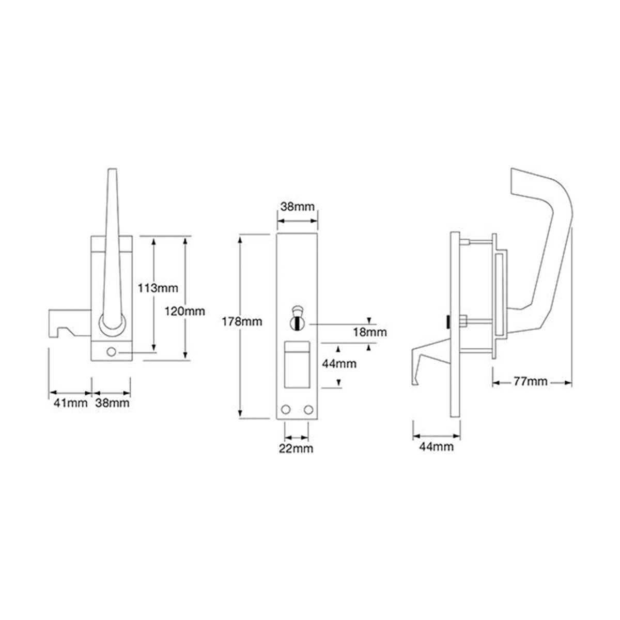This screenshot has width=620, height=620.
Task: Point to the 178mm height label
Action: click(246, 321)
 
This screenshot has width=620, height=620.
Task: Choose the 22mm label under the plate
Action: click(297, 448)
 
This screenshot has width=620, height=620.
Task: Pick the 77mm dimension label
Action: click(531, 382)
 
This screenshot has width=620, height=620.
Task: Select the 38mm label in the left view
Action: click(112, 403)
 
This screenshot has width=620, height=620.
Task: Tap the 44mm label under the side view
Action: click(437, 446)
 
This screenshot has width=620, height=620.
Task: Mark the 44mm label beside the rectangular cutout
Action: click(339, 363)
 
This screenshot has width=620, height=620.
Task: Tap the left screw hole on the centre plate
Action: click(285, 410)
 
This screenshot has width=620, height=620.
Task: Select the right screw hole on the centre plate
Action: click(309, 410)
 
